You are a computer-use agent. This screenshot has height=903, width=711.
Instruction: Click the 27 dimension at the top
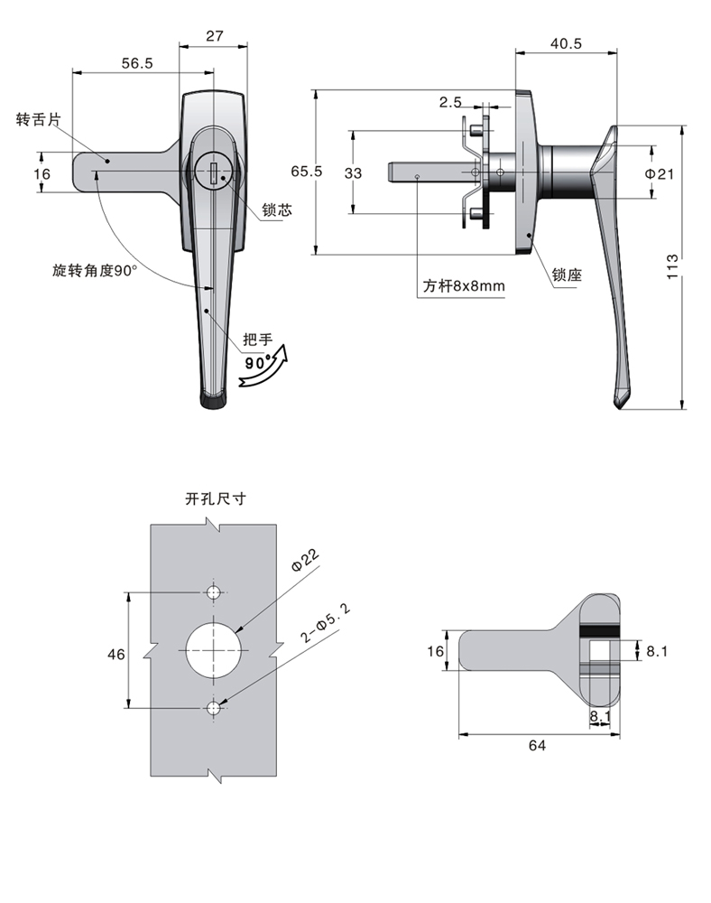click(214, 36)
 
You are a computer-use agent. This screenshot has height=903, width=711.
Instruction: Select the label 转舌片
click(36, 119)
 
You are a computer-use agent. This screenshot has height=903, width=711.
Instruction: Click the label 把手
click(257, 340)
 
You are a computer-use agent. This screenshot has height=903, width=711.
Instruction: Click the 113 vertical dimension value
click(671, 267)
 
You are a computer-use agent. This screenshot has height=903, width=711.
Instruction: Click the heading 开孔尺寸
click(215, 498)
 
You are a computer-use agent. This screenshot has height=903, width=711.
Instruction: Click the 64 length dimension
click(538, 745)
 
